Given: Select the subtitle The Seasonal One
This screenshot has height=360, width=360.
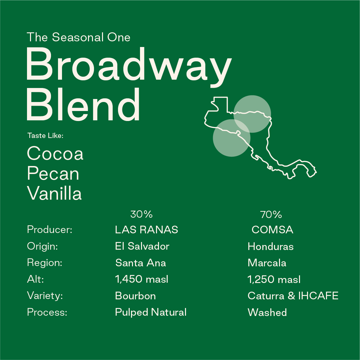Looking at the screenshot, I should (78, 37).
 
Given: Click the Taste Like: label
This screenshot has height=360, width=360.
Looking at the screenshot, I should (45, 136).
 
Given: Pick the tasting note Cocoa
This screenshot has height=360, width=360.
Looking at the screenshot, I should (55, 154).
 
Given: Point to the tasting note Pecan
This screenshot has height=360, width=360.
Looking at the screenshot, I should (53, 174).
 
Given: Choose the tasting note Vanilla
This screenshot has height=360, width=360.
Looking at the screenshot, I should (54, 194).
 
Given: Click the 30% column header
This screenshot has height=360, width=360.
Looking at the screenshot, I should (141, 214).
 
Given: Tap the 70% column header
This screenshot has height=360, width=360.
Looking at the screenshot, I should (271, 214).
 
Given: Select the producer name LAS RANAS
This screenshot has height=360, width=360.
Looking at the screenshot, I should (146, 230).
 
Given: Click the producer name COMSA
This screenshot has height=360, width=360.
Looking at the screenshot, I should (272, 230).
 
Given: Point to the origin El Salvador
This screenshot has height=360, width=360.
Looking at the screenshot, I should (142, 246).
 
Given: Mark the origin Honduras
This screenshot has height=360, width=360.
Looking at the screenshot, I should (271, 246).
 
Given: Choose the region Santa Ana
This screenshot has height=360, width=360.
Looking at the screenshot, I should (140, 263).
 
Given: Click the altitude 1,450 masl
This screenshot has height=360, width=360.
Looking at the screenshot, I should (142, 279).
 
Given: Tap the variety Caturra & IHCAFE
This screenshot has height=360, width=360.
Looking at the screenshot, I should (293, 296).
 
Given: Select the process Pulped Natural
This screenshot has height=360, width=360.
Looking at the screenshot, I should (151, 312).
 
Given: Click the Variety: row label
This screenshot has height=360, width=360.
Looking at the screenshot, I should (45, 296).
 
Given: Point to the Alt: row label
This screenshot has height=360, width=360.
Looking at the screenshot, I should (35, 279).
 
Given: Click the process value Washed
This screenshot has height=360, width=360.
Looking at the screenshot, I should (267, 312).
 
